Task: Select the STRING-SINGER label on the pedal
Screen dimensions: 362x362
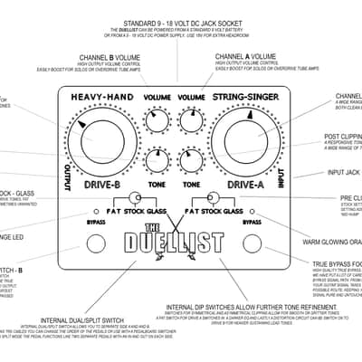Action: point(247,94)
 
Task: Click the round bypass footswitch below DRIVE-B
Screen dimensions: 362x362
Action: point(97,243)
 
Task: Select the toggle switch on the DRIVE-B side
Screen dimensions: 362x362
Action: point(134,198)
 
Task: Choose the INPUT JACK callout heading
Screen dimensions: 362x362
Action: point(345,172)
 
